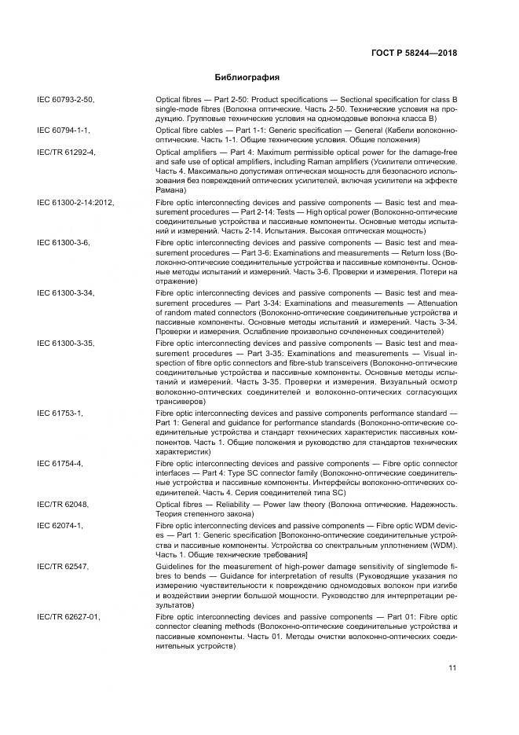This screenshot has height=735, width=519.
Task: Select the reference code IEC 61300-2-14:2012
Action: (75, 202)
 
